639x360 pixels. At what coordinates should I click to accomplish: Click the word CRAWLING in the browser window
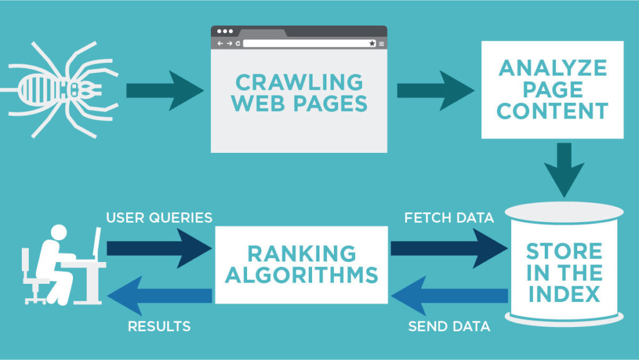coord(298,82)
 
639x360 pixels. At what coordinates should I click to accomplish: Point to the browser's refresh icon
coord(238,43)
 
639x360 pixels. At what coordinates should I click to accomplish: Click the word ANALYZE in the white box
coord(552,67)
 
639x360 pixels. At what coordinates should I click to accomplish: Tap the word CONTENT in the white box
coord(552,111)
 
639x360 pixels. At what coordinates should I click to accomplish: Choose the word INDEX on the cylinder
coord(564,293)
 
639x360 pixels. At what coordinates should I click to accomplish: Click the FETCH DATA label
coord(449,218)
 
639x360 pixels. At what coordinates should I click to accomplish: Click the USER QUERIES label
coord(159,218)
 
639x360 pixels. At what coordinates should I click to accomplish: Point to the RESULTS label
coord(159,326)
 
